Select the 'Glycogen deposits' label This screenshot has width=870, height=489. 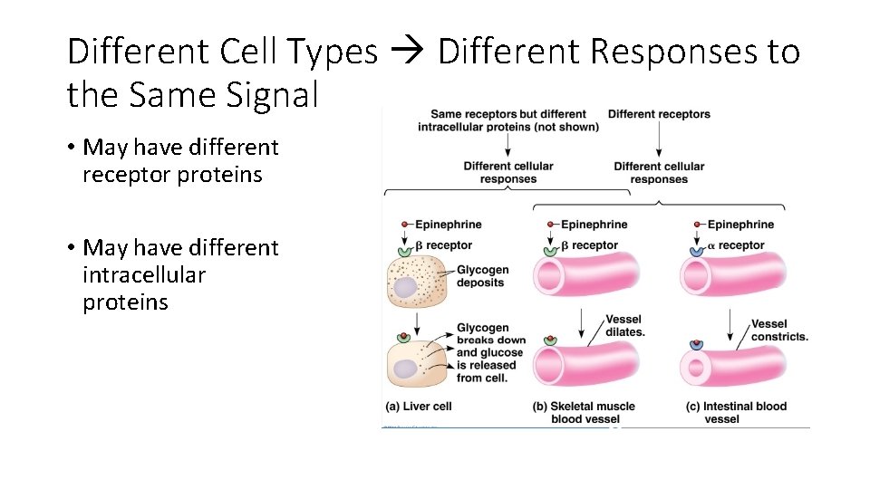tap(482, 276)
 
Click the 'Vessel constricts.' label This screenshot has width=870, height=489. tap(778, 330)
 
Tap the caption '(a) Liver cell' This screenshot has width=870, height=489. tap(419, 407)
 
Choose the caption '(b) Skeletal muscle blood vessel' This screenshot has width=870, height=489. tap(585, 412)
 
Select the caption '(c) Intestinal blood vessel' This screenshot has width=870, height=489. tap(736, 412)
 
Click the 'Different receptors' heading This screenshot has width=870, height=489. tap(659, 114)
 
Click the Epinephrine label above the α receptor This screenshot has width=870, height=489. tap(740, 225)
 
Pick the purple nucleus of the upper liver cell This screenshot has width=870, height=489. tap(405, 288)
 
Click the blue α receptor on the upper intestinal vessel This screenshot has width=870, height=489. tap(696, 250)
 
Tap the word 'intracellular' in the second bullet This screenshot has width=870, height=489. tap(144, 274)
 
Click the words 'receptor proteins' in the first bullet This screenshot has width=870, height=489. tap(172, 175)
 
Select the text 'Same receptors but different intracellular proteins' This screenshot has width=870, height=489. tap(507, 120)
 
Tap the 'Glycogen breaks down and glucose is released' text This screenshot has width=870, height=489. tap(489, 353)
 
